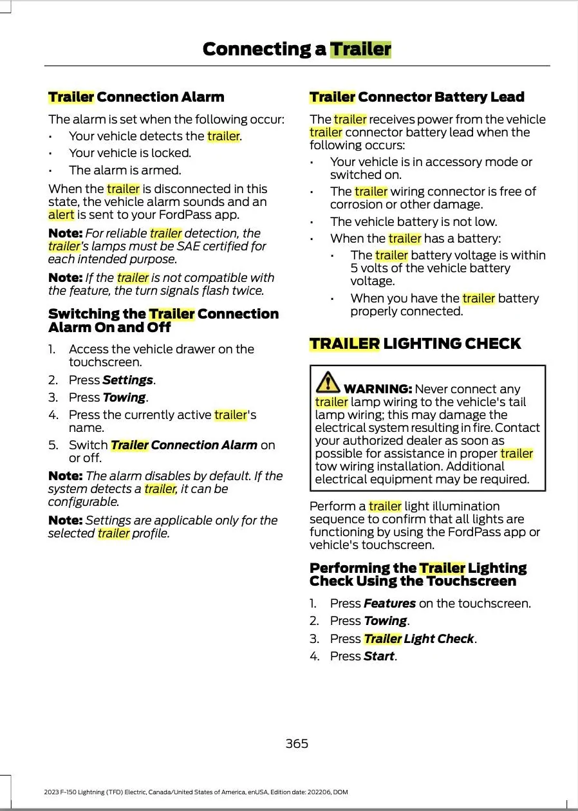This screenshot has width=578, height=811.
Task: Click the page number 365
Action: [x=297, y=743]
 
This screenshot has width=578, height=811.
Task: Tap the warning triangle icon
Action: [x=328, y=382]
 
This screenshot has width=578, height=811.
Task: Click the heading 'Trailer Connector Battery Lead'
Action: [x=416, y=97]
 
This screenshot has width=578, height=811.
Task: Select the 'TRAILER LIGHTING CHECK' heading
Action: [x=415, y=344]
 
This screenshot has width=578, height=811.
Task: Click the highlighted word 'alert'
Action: [x=61, y=215]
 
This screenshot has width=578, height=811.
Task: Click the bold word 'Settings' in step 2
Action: [x=127, y=380]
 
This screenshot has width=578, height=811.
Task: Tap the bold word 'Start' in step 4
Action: [x=378, y=656]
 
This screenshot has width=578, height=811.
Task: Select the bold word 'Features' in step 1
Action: [x=389, y=603]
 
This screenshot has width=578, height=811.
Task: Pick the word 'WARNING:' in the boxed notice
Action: [x=378, y=389]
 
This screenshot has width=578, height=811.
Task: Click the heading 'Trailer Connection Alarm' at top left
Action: [x=136, y=97]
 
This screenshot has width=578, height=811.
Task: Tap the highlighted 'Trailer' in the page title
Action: [x=360, y=50]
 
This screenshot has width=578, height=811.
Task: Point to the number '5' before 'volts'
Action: [x=354, y=268]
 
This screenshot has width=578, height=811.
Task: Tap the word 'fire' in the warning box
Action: [x=485, y=428]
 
